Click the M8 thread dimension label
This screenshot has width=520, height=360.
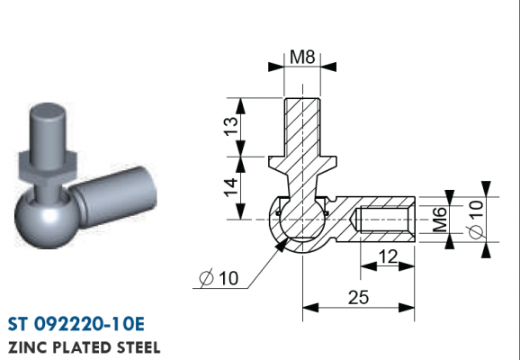pos(302,57)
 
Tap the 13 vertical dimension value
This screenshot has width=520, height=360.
pos(231,126)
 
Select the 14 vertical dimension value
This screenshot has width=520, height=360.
pos(231,187)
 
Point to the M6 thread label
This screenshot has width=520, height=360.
pos(440,220)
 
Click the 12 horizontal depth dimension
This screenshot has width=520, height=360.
pos(388,256)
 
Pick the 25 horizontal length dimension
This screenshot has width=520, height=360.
pos(358,297)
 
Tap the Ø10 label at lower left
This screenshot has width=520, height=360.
pos(219,278)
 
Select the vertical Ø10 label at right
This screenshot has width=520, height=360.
pos(477,220)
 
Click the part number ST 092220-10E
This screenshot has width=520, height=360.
pos(76,324)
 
